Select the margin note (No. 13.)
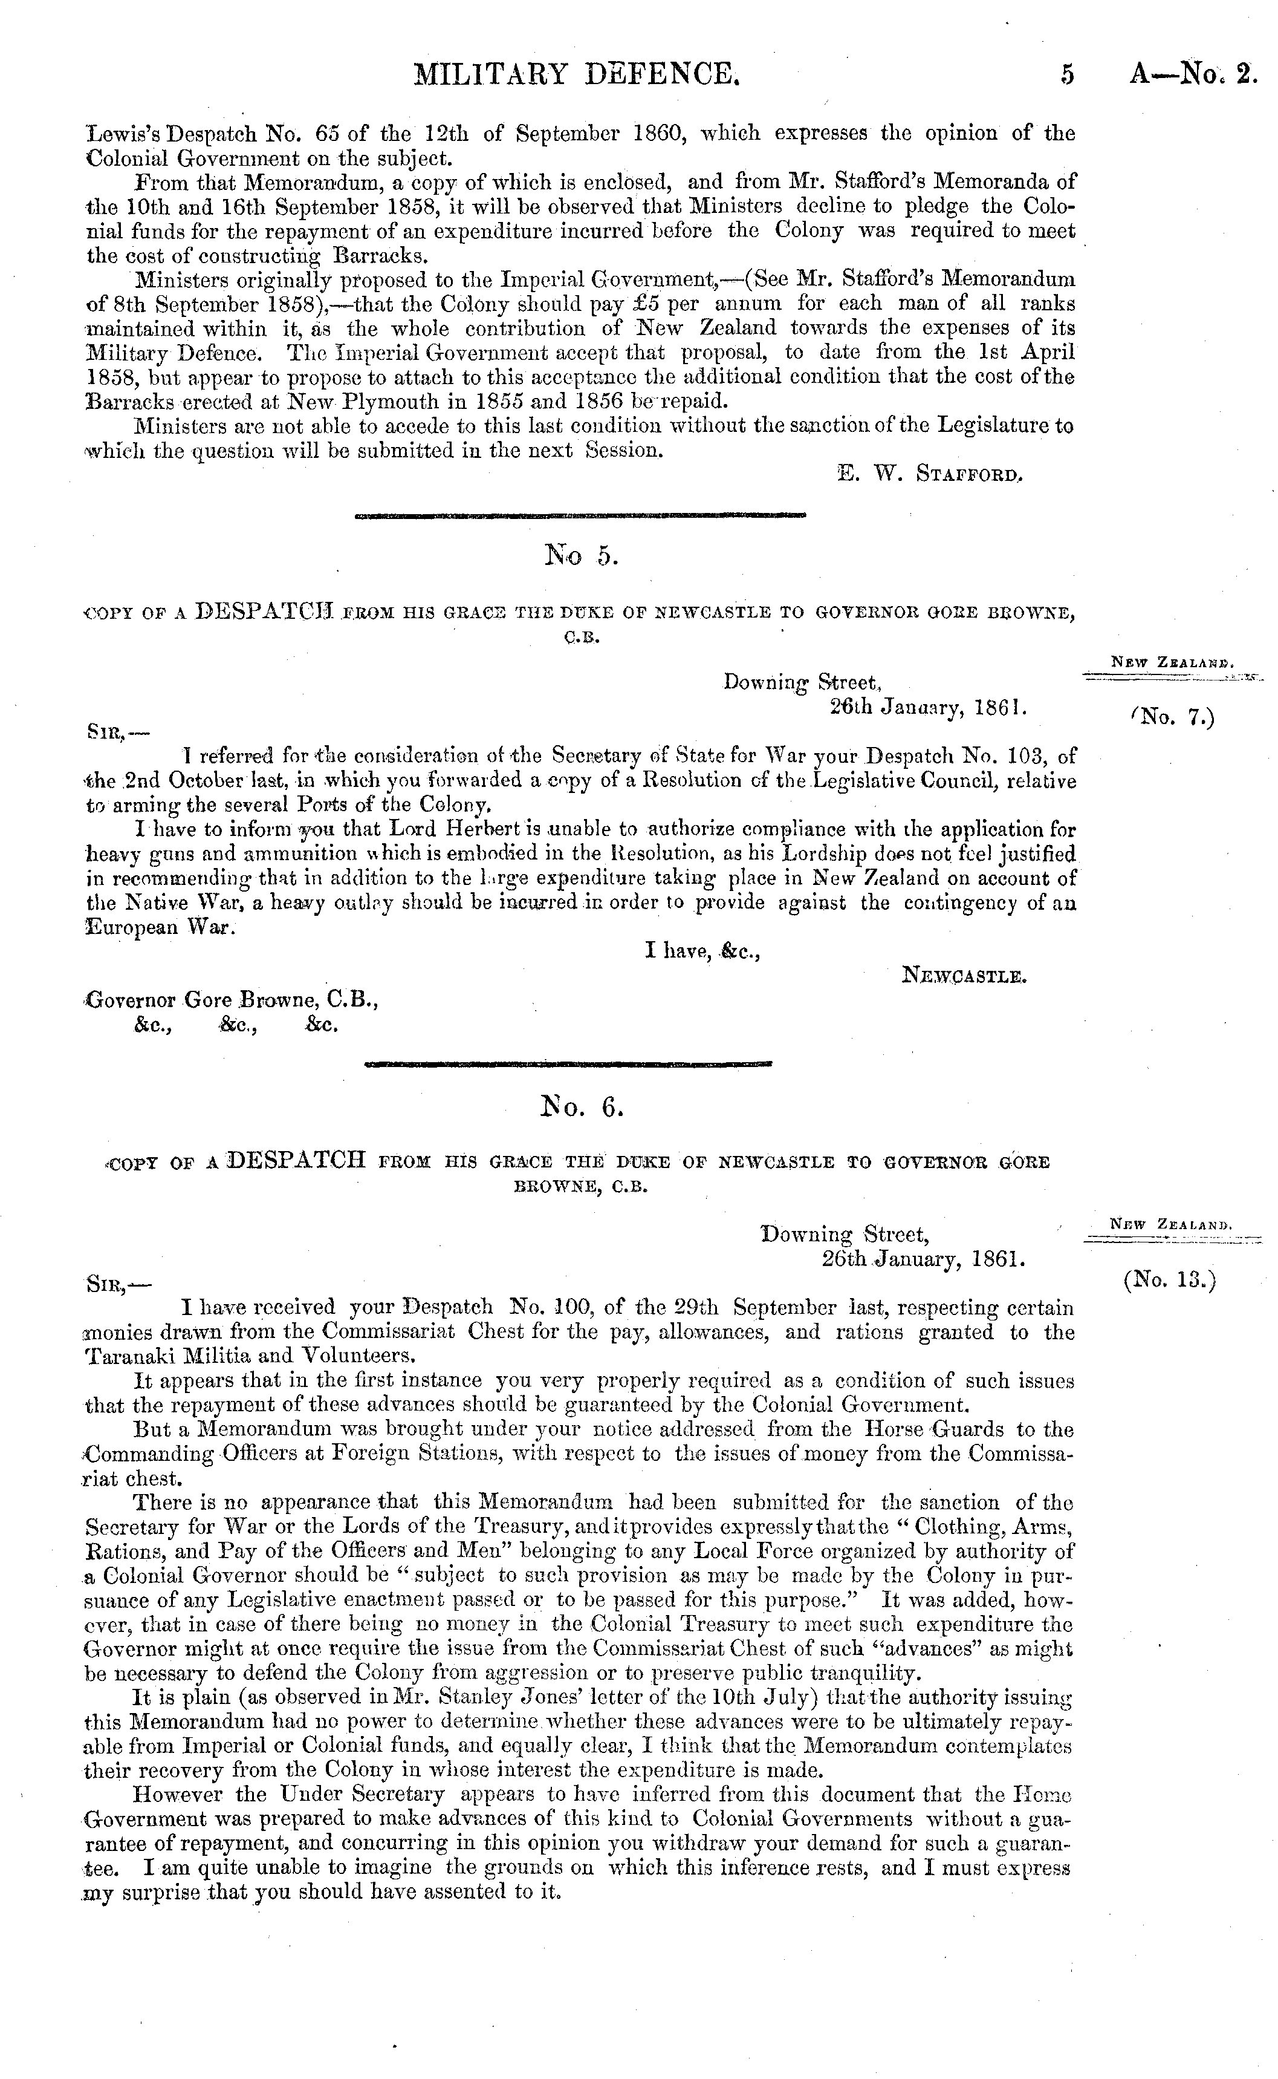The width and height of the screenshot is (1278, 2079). [1170, 1281]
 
